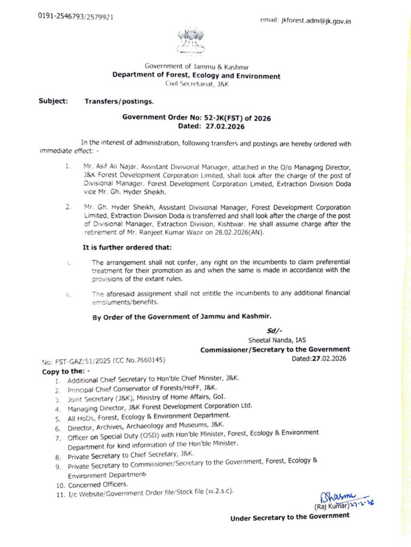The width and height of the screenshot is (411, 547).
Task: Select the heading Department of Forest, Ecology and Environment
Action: (196, 76)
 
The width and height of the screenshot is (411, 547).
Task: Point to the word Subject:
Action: (53, 100)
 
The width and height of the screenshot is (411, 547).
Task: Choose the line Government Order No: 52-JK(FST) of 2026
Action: (196, 118)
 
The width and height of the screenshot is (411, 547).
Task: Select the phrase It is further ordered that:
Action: (126, 248)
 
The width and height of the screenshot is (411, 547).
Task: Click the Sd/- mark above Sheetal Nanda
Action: (273, 331)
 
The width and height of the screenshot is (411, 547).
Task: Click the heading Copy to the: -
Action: (66, 371)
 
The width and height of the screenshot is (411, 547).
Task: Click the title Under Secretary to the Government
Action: (290, 517)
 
